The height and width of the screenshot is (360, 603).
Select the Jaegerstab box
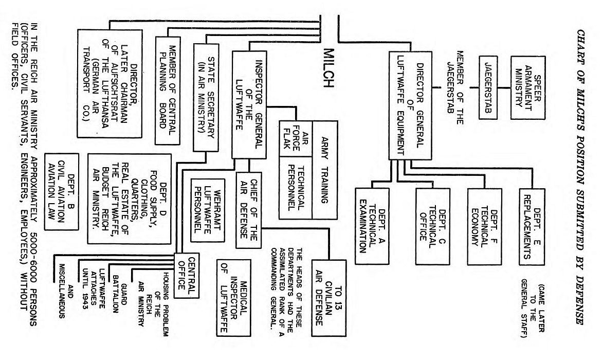pyautogui.click(x=489, y=86)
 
